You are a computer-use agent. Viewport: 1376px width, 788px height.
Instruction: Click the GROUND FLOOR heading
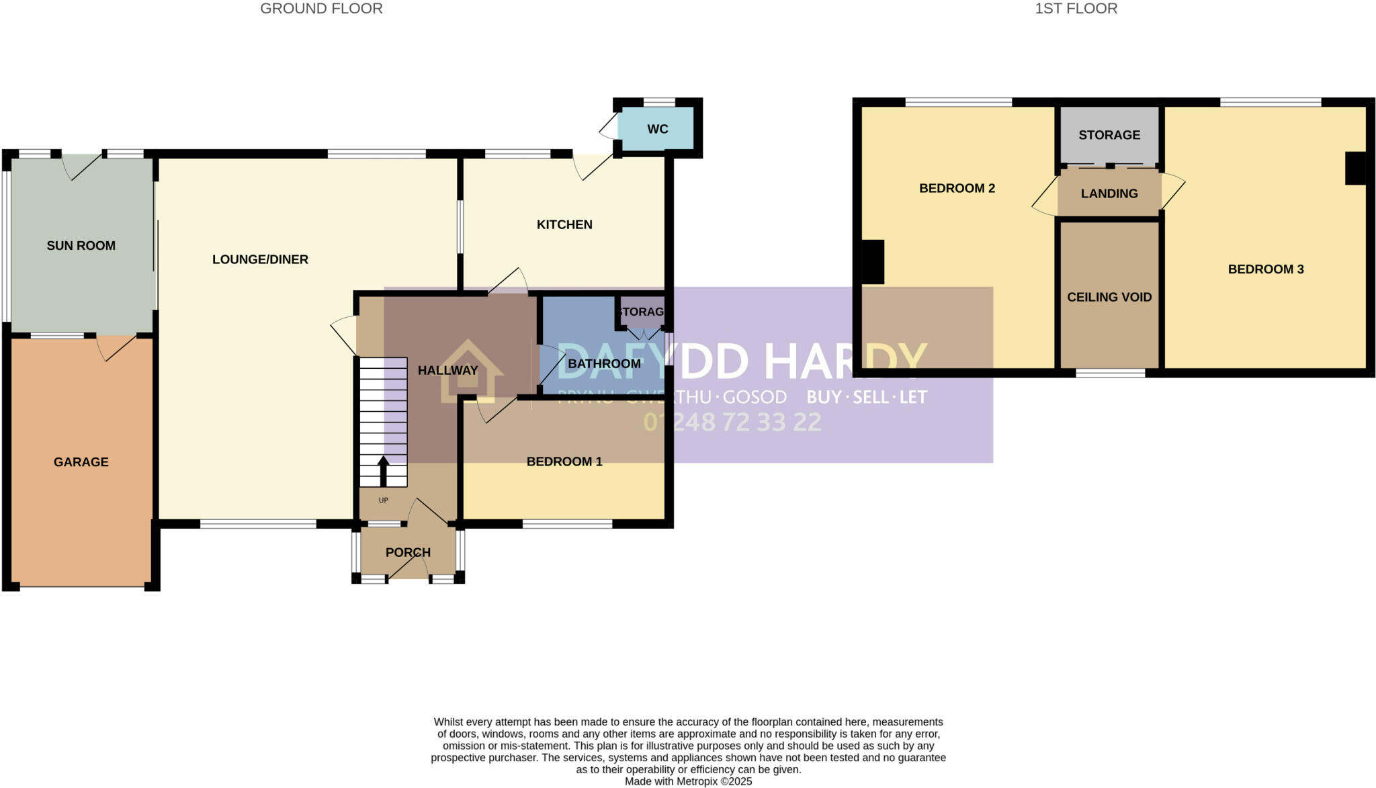pyautogui.click(x=321, y=9)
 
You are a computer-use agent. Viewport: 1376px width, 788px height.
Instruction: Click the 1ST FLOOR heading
pyautogui.click(x=1076, y=9)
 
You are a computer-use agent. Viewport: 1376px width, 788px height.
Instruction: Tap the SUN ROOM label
pyautogui.click(x=81, y=246)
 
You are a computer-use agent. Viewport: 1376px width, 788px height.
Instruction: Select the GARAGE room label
pyautogui.click(x=81, y=462)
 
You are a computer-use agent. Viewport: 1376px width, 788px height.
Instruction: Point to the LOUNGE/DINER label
pyautogui.click(x=260, y=259)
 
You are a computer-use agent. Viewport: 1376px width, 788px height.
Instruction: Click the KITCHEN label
pyautogui.click(x=564, y=224)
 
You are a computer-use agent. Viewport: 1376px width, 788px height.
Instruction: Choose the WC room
pyautogui.click(x=657, y=129)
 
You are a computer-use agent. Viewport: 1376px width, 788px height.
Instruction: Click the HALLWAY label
pyautogui.click(x=447, y=370)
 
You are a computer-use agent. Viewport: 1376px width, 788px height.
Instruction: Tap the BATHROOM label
pyautogui.click(x=604, y=364)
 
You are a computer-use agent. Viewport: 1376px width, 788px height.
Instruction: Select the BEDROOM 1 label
pyautogui.click(x=564, y=462)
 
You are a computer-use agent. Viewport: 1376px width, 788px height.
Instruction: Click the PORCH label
pyautogui.click(x=408, y=552)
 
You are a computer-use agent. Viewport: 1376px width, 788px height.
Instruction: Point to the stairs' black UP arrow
pyautogui.click(x=384, y=471)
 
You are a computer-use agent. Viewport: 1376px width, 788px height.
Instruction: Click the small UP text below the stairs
pyautogui.click(x=384, y=500)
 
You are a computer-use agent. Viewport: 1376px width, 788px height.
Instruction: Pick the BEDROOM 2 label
pyautogui.click(x=957, y=189)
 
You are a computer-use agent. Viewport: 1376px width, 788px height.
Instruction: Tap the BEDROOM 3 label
pyautogui.click(x=1266, y=269)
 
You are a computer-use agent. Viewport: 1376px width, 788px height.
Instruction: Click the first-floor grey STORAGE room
pyautogui.click(x=1109, y=135)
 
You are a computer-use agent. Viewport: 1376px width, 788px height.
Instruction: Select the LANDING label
pyautogui.click(x=1109, y=193)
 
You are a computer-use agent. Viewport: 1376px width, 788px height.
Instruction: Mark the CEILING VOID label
pyautogui.click(x=1109, y=297)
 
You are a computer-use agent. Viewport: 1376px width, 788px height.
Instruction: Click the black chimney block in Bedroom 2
pyautogui.click(x=873, y=262)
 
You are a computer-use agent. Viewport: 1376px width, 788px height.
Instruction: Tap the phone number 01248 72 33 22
pyautogui.click(x=732, y=422)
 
